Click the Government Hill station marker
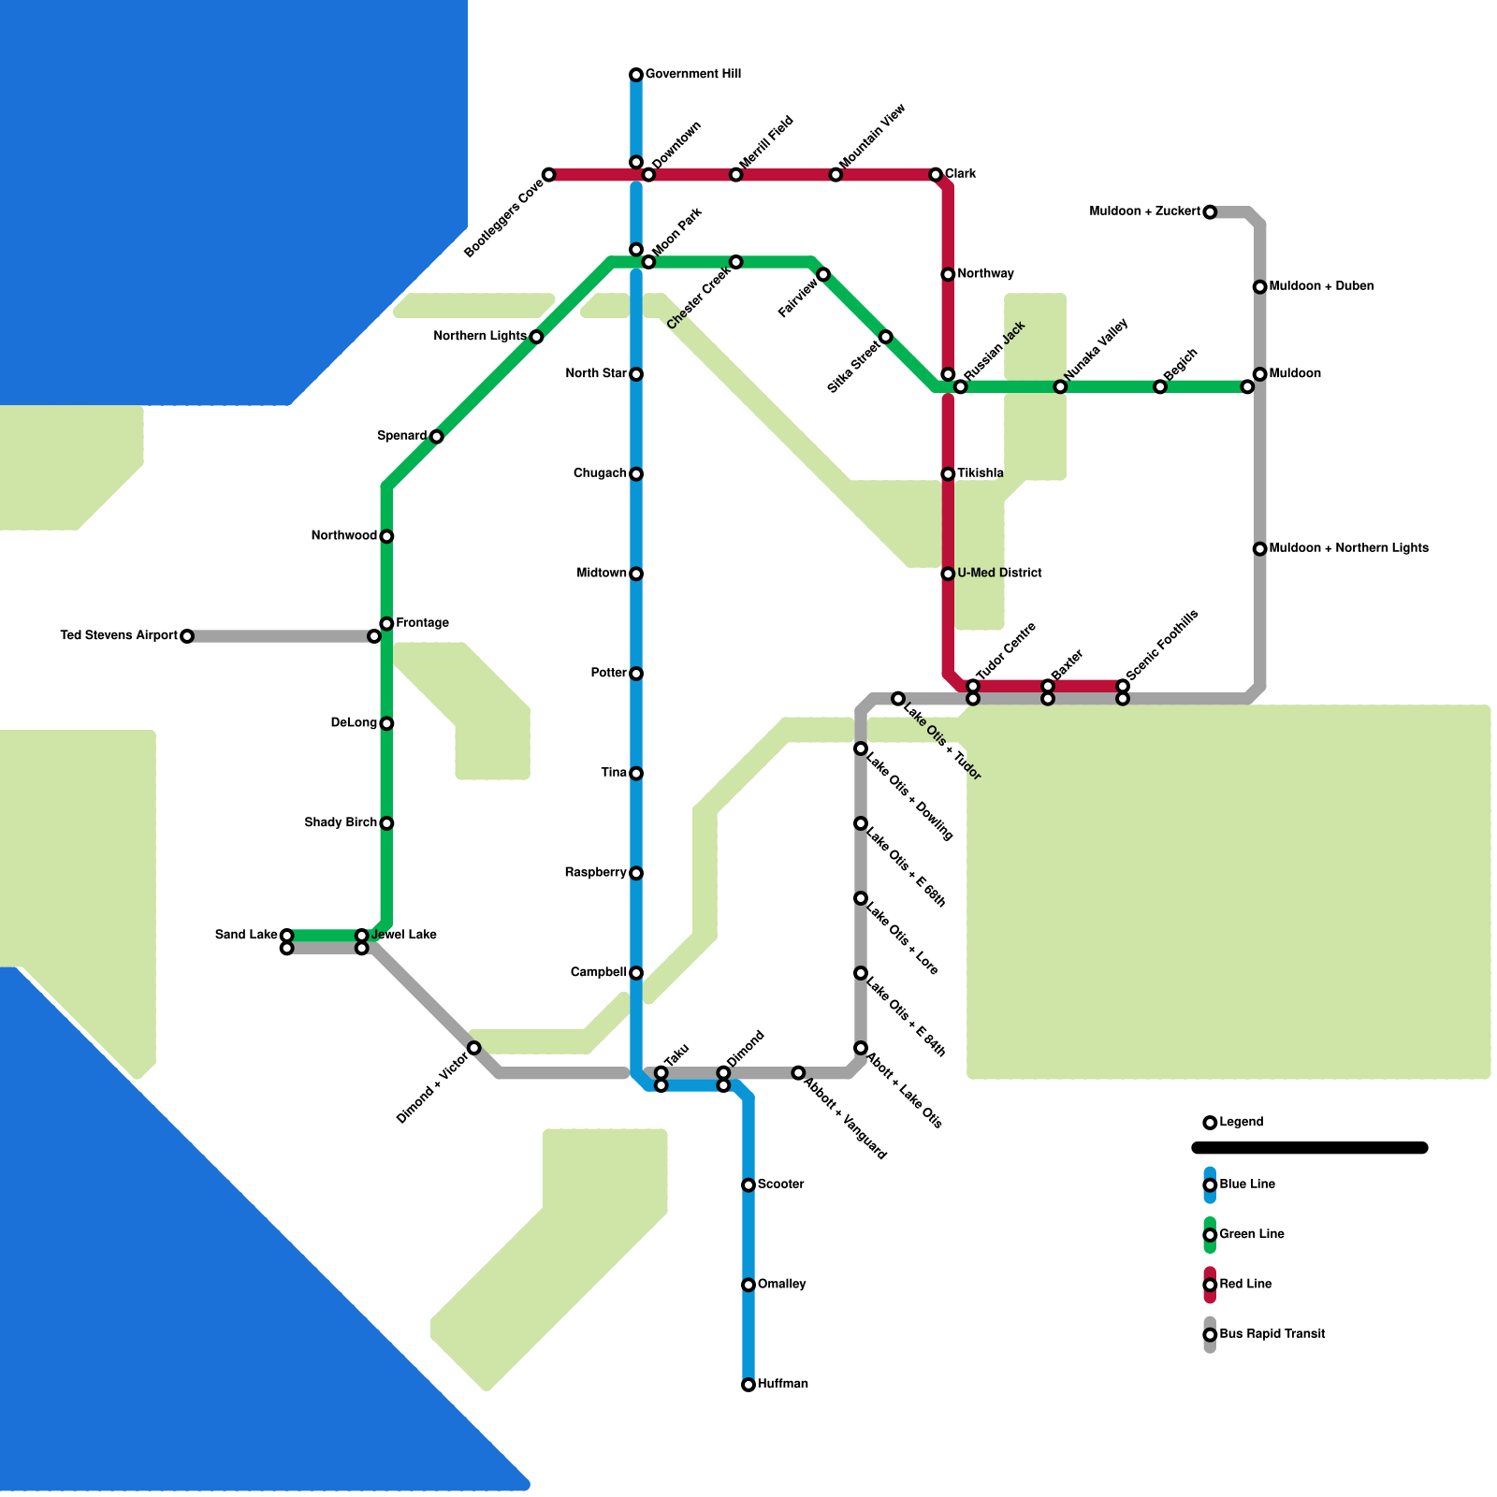coord(636,75)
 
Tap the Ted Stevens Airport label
coord(119,636)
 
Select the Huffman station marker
coord(748,1385)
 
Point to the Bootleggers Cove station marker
coord(549,175)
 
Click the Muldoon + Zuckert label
coord(1144,212)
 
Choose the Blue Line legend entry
coord(1210,1185)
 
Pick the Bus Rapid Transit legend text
coord(1272,1334)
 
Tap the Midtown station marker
coord(636,574)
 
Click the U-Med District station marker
coord(948,574)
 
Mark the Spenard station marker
coord(437,437)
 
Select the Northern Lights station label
coord(480,337)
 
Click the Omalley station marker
coord(748,1285)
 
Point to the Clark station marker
coord(936,175)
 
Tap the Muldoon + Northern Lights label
coord(1348,548)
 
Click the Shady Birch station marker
coord(386,823)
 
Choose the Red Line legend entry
coord(1210,1285)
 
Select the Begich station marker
coord(1160,386)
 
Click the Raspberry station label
coord(595,873)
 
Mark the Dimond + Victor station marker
coord(474,1048)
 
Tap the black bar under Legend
coord(1310,1148)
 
